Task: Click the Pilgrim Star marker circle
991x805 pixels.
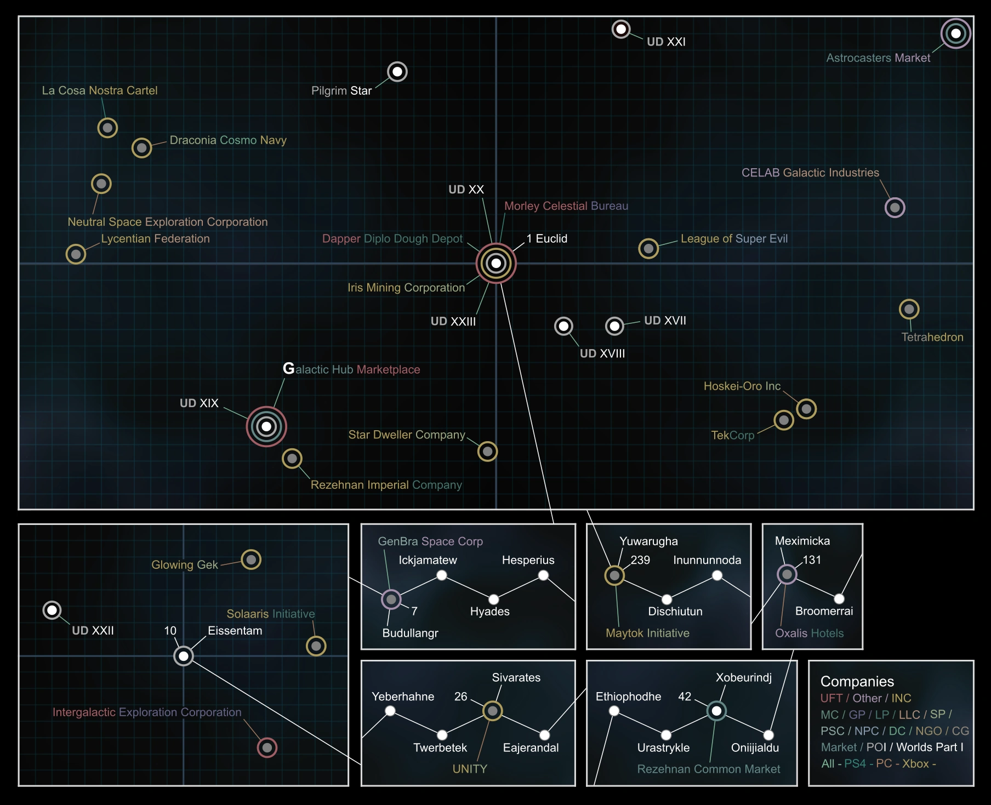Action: pos(397,71)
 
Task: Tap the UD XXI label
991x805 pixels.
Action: pos(666,42)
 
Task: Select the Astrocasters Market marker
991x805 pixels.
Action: pos(956,33)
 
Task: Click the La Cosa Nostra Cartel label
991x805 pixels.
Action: pos(100,90)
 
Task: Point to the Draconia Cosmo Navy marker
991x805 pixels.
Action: pos(142,147)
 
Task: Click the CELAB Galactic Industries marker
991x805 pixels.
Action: pos(895,208)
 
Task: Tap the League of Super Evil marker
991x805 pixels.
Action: pos(648,248)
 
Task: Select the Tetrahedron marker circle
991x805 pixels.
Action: pos(909,309)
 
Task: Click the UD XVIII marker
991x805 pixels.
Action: pos(563,326)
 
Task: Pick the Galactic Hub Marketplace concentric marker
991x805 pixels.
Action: pos(266,426)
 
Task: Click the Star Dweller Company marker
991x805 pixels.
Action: pos(487,452)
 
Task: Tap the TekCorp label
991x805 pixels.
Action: pos(732,436)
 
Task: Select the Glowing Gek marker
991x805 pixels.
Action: pos(251,559)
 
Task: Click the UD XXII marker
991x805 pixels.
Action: pos(52,610)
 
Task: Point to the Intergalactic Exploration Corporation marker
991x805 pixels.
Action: pos(267,747)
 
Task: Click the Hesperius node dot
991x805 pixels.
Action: pos(543,575)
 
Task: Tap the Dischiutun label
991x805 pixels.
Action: pos(675,612)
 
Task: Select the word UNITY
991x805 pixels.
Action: pos(470,769)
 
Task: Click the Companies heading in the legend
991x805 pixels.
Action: pos(857,681)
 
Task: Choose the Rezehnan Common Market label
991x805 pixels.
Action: pos(709,769)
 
